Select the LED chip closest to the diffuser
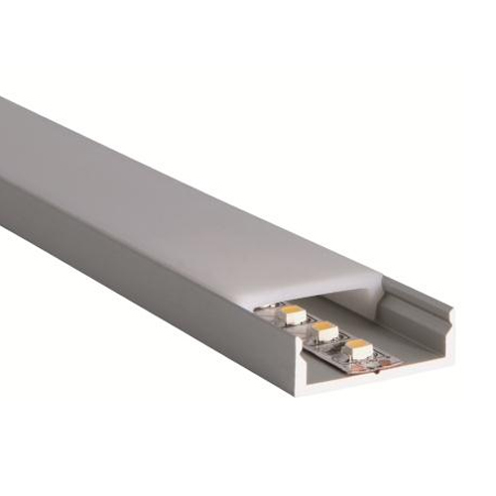(x=295, y=312)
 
